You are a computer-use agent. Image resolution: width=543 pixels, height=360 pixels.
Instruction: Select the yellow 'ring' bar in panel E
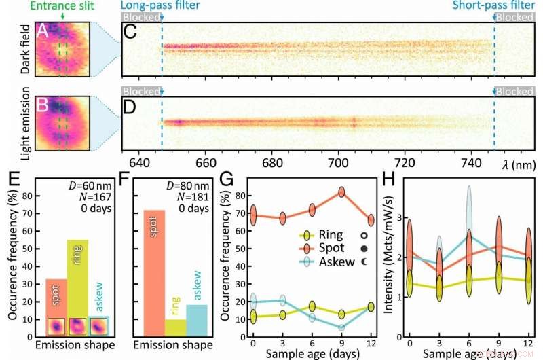77,285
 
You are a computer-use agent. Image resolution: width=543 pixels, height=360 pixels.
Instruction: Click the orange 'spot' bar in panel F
155,272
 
